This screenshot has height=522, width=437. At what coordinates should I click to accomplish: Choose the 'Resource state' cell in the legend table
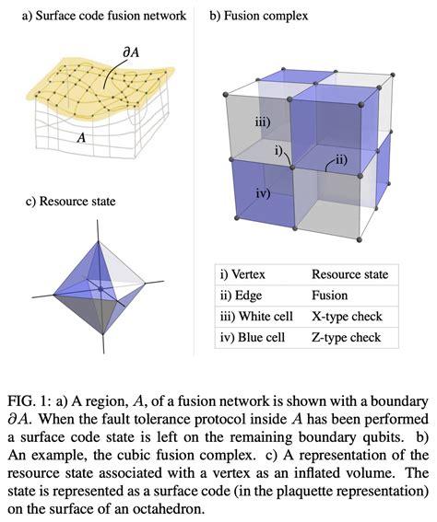[x=349, y=274]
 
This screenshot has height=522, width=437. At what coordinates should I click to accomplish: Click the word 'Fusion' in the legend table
[x=331, y=296]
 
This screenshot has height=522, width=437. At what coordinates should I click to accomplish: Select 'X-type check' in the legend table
[x=347, y=317]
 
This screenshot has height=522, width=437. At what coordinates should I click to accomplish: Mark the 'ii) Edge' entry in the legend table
[x=241, y=296]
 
